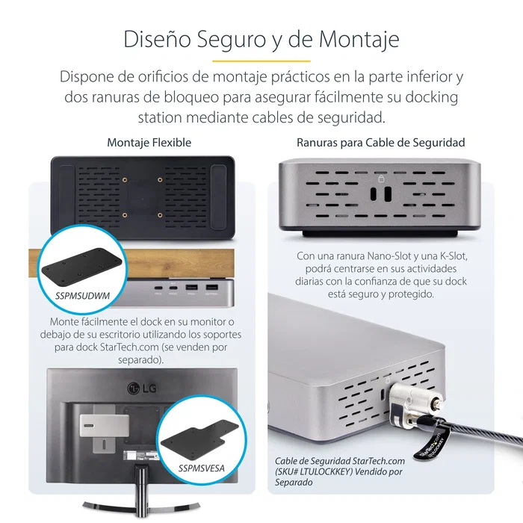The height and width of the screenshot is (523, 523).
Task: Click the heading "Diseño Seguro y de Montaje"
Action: (261, 38)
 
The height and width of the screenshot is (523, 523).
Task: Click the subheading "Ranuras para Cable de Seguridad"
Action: (380, 142)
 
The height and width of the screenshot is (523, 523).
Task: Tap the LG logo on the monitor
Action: (135, 387)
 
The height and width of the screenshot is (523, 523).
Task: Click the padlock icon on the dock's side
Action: (383, 179)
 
